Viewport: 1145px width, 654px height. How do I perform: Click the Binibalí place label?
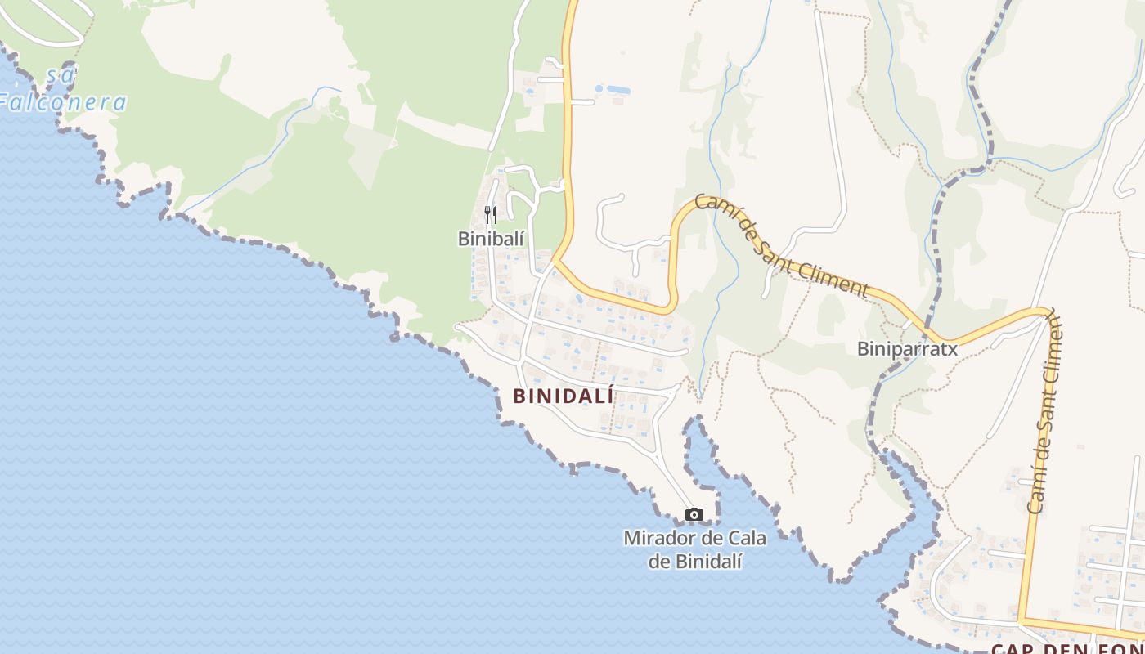click(491, 239)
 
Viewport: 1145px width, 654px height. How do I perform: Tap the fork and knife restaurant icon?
click(491, 215)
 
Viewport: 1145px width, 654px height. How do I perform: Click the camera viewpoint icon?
click(694, 514)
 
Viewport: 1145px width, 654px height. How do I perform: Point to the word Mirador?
click(657, 539)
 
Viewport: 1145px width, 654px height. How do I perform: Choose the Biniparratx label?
click(906, 349)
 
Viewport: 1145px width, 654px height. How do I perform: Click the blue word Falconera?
click(64, 102)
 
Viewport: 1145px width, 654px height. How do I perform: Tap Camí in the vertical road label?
click(1037, 491)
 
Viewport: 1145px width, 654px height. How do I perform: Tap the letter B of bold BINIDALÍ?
click(519, 396)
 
